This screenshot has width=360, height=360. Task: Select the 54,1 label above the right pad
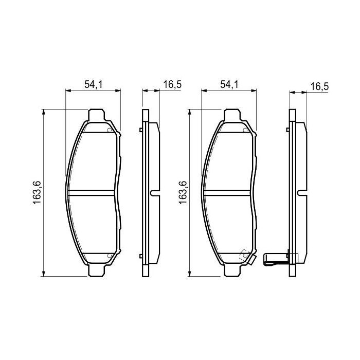[229, 85]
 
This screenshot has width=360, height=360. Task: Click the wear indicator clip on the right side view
[275, 260]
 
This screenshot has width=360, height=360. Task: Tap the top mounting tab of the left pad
[97, 115]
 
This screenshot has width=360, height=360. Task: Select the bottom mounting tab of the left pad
[97, 269]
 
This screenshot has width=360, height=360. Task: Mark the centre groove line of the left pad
[92, 193]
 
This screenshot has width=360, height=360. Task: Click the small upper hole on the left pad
[109, 130]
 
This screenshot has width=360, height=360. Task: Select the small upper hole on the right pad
[244, 130]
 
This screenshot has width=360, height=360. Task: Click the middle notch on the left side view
[153, 193]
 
